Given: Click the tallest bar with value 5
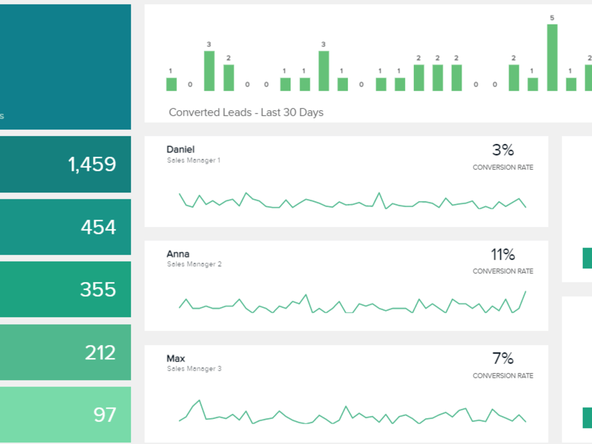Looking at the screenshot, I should [552, 58].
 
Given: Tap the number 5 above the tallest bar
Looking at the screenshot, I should [552, 18].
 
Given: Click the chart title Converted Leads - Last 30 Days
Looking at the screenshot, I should [246, 112].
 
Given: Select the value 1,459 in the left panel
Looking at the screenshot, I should [92, 165].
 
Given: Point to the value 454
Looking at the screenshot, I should [98, 227].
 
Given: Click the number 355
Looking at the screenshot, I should [98, 289].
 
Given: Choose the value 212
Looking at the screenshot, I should [100, 353].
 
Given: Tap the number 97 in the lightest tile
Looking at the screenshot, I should [105, 414].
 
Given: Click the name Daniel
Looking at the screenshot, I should [181, 150].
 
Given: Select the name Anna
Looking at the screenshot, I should [178, 254].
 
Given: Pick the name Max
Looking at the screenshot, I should [176, 359].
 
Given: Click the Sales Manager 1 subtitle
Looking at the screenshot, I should [194, 160].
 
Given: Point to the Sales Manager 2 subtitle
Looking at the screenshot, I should [194, 264].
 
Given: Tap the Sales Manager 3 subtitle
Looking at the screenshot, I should [194, 369].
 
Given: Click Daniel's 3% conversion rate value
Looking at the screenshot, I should [503, 150].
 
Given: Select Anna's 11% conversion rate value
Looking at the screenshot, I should [503, 255].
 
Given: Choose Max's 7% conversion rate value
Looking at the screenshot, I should [503, 359].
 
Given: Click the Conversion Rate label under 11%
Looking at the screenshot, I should [503, 271].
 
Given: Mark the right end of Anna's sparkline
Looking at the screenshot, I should [525, 291].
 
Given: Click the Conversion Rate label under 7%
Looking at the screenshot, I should [503, 376].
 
